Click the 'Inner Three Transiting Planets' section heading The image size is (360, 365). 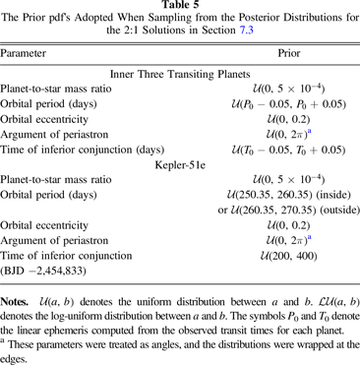coord(180,69)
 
